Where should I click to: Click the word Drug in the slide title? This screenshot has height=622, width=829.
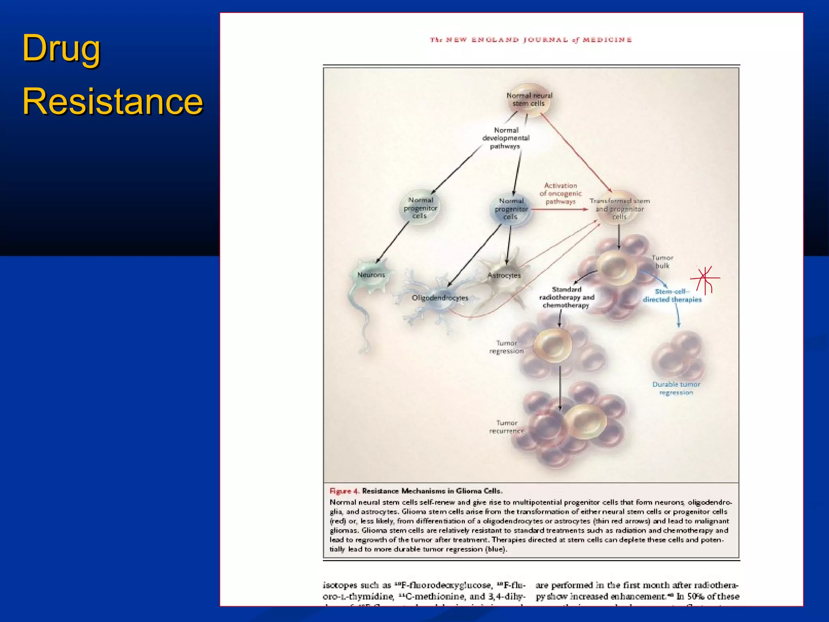61,48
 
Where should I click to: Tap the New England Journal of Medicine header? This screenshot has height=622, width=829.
531,40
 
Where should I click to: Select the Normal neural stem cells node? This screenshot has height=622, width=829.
529,100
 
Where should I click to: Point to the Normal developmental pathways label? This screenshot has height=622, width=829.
506,138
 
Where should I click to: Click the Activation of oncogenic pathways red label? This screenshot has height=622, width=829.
560,194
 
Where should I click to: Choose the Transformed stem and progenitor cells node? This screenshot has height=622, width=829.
619,209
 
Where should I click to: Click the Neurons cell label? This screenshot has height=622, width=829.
371,275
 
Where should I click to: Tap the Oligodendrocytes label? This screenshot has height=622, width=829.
440,298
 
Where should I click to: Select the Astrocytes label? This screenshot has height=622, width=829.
504,275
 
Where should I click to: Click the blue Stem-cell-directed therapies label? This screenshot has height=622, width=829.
672,296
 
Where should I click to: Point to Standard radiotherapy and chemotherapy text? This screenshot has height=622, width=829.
566,297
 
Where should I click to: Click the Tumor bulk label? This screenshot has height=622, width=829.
662,262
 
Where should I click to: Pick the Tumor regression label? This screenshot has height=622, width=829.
506,347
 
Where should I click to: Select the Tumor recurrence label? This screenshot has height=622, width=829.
506,427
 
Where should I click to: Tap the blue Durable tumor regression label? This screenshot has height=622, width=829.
676,388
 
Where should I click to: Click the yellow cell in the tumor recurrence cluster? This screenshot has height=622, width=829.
585,421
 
